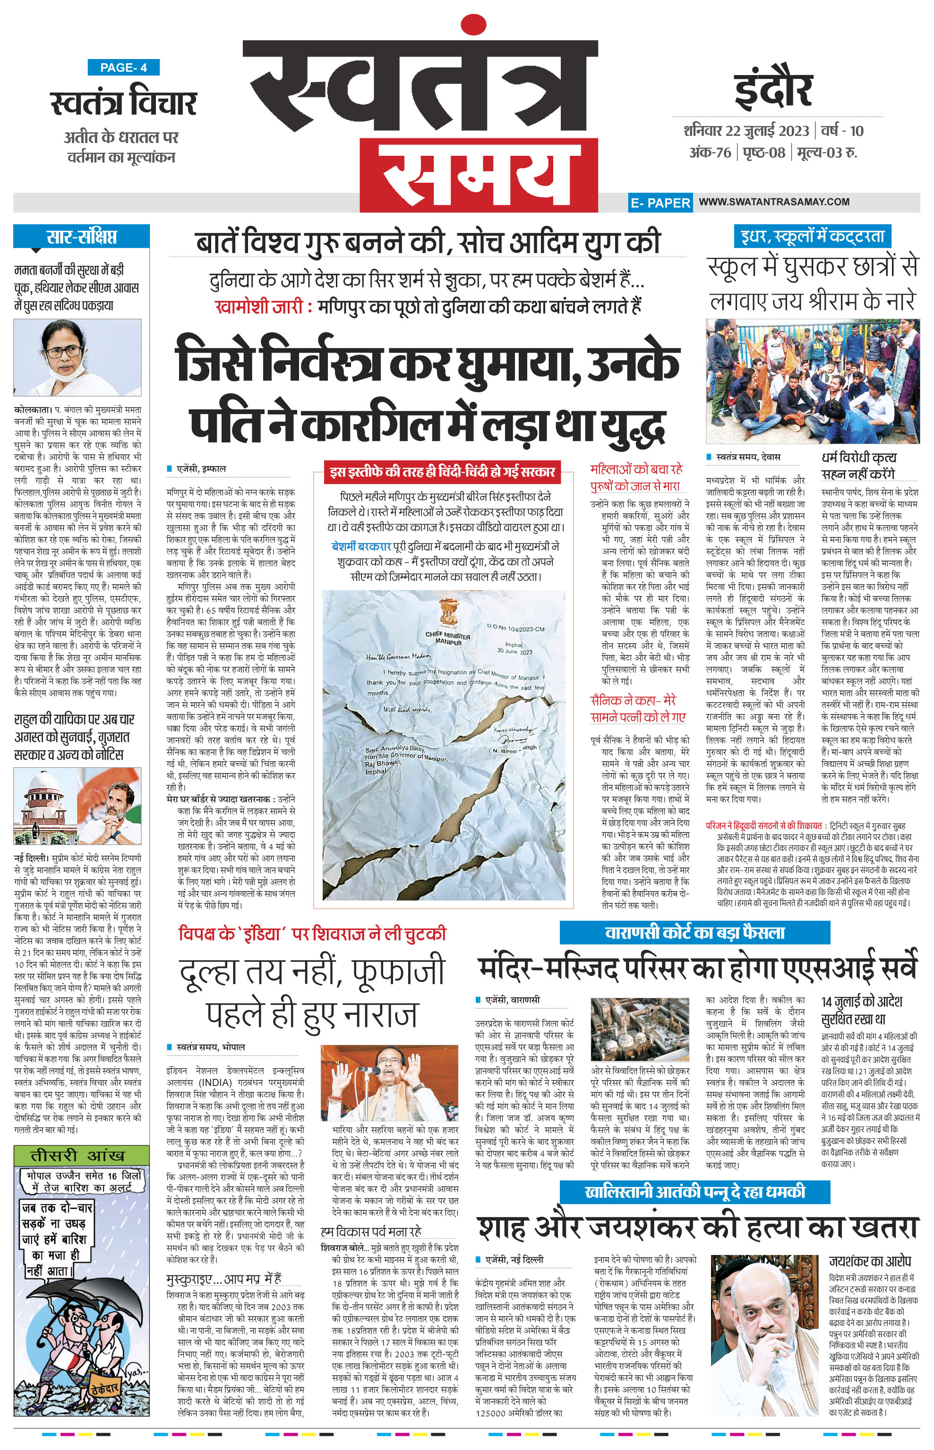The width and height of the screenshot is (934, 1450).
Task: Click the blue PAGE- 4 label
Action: coord(123,68)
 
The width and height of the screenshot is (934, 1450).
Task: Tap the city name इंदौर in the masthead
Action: coord(773,90)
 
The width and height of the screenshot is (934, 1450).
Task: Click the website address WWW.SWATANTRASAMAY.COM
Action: coord(774,202)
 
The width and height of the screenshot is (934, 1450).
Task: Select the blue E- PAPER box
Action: coord(660,203)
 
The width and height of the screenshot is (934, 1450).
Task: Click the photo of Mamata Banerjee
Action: coord(77,357)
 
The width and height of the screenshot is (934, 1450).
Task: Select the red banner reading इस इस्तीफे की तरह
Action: coord(442,472)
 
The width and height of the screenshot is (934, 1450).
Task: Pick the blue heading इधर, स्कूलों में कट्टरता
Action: coord(812,236)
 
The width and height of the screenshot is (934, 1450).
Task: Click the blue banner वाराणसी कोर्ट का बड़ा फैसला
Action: coord(694,933)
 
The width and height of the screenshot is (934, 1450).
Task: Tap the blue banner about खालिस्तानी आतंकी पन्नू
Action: coord(694,1192)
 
